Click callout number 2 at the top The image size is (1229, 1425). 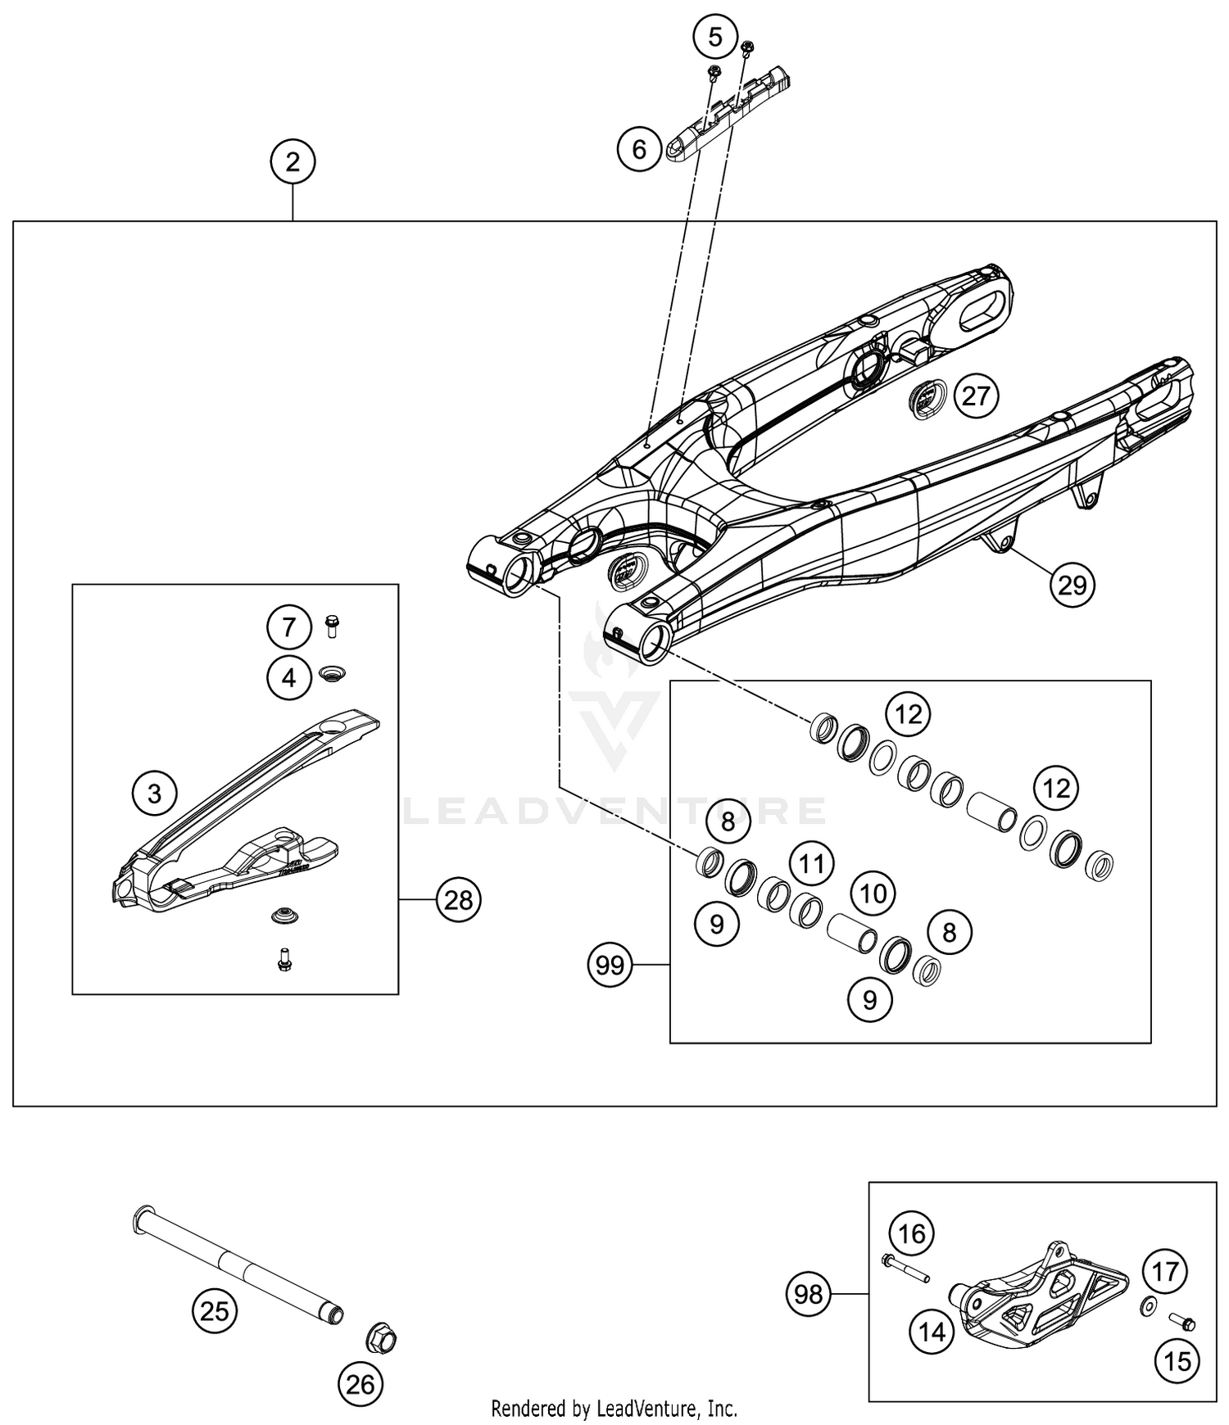pos(293,162)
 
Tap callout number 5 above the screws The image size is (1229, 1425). pos(715,37)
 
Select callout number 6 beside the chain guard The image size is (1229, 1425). pos(639,149)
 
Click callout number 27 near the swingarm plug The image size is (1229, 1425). pos(976,396)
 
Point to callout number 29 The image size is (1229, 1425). pos(1073,585)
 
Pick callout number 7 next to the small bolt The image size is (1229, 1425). pos(288,628)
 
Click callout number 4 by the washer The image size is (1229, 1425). pos(288,677)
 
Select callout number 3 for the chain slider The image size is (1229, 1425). pos(155,793)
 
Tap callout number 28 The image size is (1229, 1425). pos(458,900)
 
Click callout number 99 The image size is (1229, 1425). pos(610,966)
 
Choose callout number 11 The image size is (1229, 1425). pos(811,863)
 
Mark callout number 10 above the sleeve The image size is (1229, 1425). pos(873,893)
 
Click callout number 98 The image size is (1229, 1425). pos(809,1294)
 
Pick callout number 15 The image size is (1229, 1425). pos(1177,1360)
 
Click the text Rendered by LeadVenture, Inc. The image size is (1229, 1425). pos(614,1408)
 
